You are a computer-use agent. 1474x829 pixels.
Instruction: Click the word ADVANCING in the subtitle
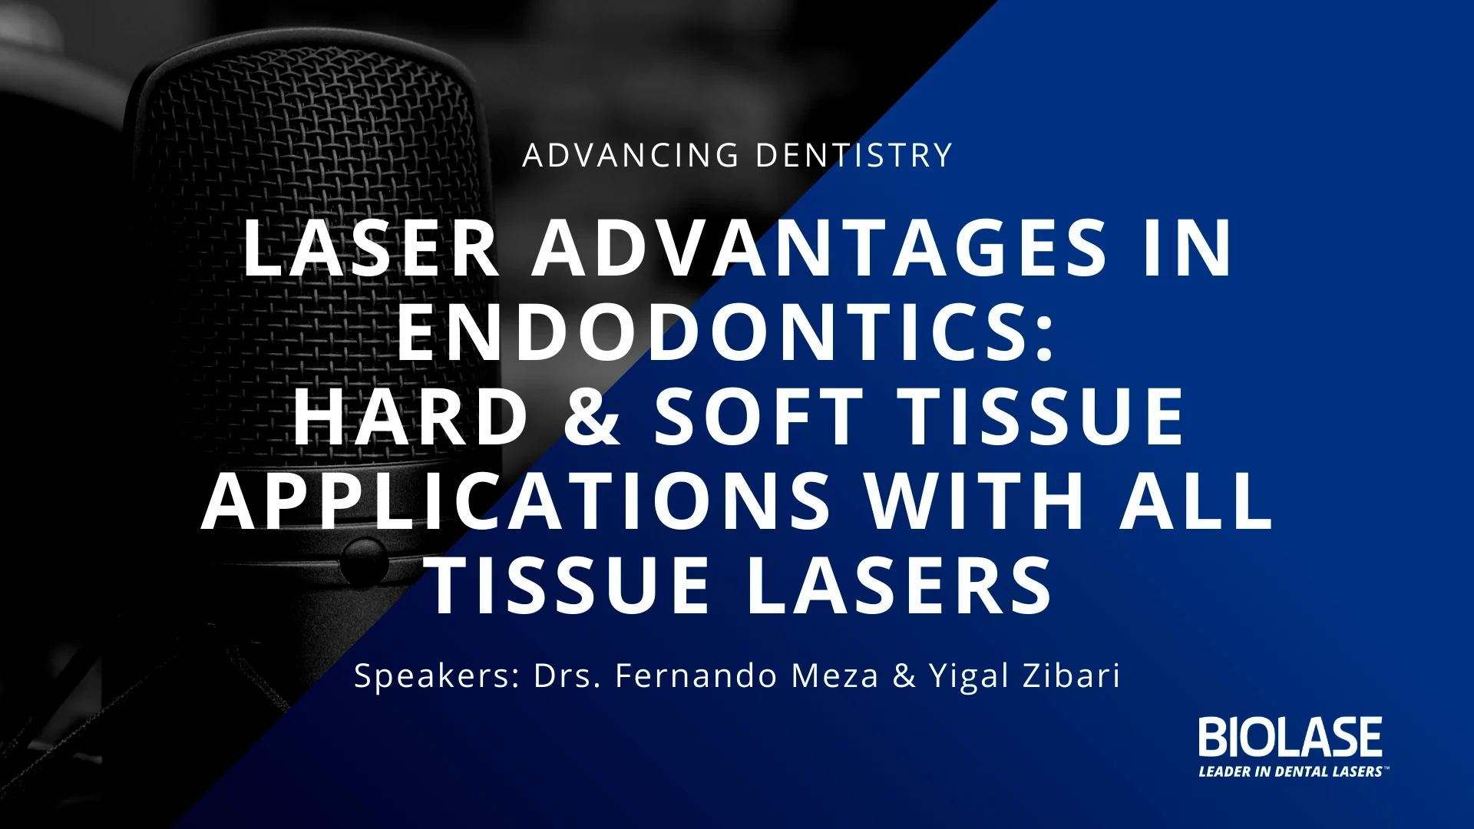click(x=630, y=155)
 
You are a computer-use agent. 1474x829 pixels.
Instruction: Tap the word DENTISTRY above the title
click(x=854, y=155)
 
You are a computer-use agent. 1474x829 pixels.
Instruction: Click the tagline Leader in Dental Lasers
click(x=1291, y=771)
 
